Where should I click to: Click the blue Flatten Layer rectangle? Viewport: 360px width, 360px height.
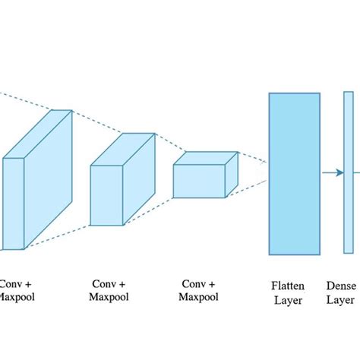[x=294, y=173]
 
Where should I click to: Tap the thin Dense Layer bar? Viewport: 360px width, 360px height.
[x=348, y=173]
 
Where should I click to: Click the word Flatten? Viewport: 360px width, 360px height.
[x=288, y=286]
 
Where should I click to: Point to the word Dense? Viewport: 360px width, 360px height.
[x=341, y=286]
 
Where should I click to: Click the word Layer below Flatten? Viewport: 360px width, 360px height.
[x=288, y=301]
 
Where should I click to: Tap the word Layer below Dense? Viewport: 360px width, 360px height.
[x=341, y=301]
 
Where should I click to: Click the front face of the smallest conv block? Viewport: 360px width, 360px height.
[x=199, y=181]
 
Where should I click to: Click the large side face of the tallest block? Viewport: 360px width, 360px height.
[x=49, y=178]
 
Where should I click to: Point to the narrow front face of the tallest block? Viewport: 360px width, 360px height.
[x=13, y=203]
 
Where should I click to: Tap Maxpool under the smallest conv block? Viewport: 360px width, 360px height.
[x=199, y=296]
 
